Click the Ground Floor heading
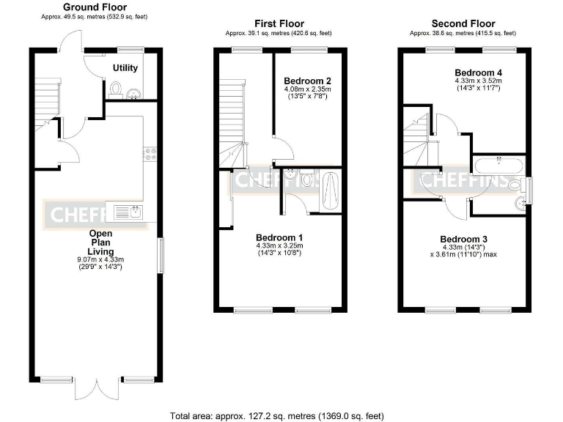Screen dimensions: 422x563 coord(95,7)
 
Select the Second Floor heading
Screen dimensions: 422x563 coord(463,24)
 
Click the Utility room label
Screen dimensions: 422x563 coord(125,68)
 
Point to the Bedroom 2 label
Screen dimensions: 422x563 coord(307,81)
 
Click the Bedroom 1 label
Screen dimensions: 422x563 coord(279,237)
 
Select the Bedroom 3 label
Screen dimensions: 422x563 coord(463,239)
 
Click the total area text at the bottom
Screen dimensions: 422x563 coord(276,415)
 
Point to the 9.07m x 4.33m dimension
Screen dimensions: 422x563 coord(100,259)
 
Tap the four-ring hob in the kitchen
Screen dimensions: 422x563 coord(149,154)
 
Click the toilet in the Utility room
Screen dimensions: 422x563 coord(115,89)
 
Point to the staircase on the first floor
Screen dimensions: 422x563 coord(234,121)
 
